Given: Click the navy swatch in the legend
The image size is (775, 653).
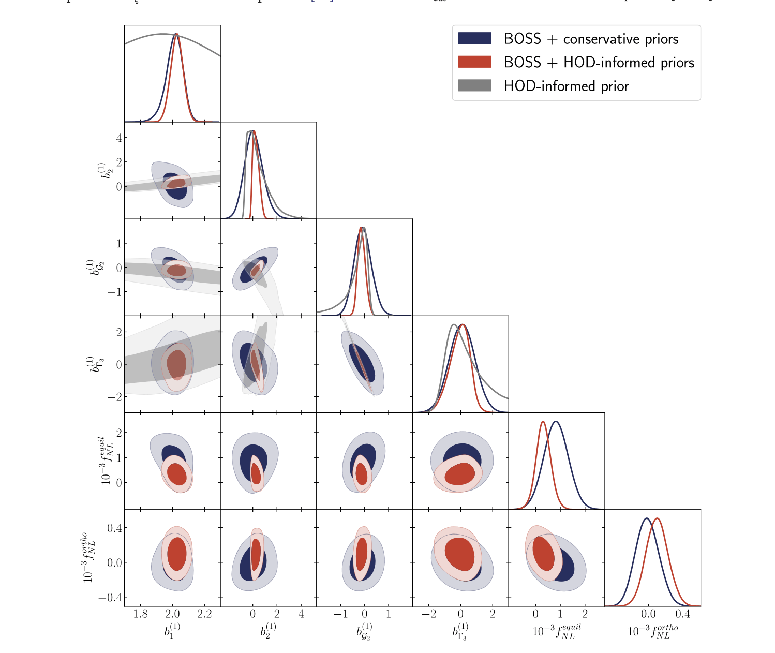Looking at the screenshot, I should [474, 38].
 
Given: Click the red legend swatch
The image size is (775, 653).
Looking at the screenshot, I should [474, 62].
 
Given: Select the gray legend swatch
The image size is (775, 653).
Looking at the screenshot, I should [474, 85].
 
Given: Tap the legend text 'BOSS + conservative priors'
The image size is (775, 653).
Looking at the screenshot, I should [591, 39].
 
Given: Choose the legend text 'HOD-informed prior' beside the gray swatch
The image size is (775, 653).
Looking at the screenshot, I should [566, 86].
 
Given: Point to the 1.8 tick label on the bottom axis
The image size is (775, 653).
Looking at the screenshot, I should [140, 614].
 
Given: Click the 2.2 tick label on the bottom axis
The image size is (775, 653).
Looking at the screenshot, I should [204, 614].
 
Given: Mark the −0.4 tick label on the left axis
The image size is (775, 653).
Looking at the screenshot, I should [110, 598].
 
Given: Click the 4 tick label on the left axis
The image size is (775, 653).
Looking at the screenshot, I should [119, 138].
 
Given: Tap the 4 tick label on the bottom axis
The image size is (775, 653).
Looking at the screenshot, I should [301, 614].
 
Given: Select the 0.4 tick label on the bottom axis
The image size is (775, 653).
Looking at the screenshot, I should [683, 614].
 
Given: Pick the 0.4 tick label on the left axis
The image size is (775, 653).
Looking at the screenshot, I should [114, 528].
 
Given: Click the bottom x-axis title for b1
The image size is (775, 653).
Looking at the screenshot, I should [172, 631].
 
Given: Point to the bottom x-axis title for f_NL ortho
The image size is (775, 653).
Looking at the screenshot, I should [652, 631].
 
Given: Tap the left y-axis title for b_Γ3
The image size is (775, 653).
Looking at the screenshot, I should [91, 364].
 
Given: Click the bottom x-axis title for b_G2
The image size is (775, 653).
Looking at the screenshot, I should [364, 631].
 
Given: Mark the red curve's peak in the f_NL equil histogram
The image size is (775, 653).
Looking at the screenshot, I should [543, 422].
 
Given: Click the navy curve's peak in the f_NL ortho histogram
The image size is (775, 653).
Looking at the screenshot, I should [646, 518].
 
